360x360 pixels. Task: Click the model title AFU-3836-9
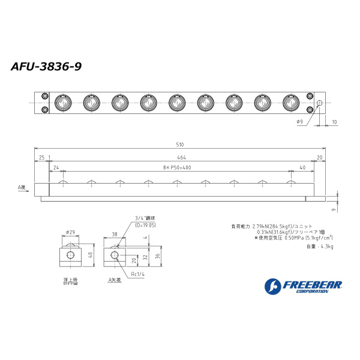(x=46, y=67)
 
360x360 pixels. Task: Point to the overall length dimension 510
(x=180, y=145)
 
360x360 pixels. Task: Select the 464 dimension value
(x=180, y=157)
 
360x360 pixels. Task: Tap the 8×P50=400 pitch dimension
(x=177, y=168)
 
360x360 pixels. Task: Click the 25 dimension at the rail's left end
(x=41, y=157)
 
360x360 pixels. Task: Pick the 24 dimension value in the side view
(x=56, y=168)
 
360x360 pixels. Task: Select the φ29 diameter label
(x=70, y=232)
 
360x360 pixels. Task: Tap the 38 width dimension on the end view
(x=114, y=235)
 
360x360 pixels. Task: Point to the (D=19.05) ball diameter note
(x=145, y=225)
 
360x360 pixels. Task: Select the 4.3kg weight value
(x=327, y=247)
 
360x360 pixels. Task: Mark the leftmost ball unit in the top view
(x=62, y=103)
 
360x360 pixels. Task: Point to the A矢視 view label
(x=114, y=280)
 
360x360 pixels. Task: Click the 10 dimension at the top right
(x=334, y=122)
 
